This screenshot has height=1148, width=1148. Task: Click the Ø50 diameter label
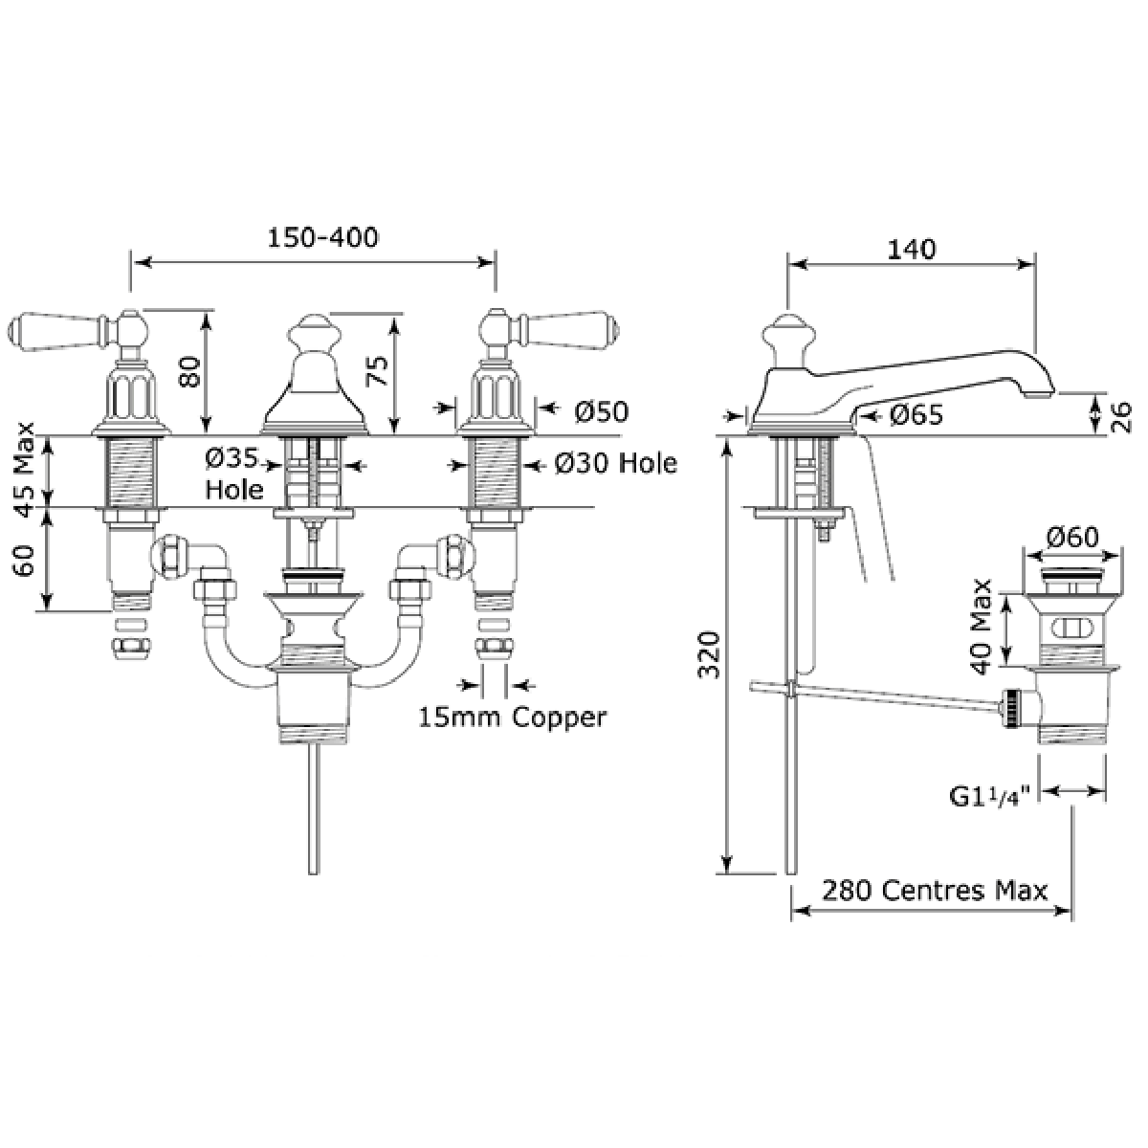pyautogui.click(x=602, y=411)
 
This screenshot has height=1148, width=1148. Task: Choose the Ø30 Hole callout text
pyautogui.click(x=615, y=464)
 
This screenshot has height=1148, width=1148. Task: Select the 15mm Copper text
pyautogui.click(x=512, y=717)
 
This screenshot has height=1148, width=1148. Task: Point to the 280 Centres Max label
pyautogui.click(x=931, y=890)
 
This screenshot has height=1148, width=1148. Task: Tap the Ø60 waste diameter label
pyautogui.click(x=1072, y=539)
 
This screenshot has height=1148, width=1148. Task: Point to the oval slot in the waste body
pyautogui.click(x=1071, y=628)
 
